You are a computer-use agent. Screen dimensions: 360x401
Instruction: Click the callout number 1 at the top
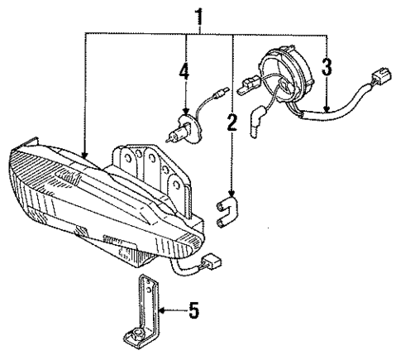click(198, 16)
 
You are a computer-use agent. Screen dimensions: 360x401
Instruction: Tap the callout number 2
click(232, 122)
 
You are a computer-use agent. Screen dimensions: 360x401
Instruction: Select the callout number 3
click(327, 66)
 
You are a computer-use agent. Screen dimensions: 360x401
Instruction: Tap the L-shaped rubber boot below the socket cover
click(260, 121)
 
